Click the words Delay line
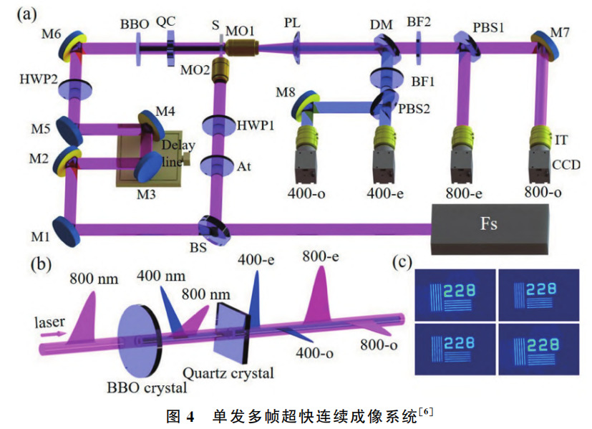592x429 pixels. [171, 152]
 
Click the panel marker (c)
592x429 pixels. [403, 263]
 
